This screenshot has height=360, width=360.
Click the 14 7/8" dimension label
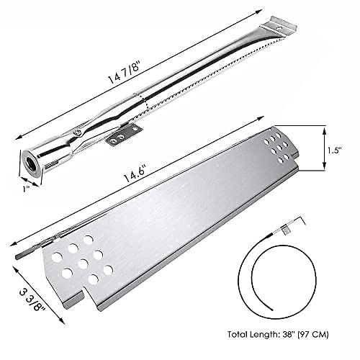(124, 73)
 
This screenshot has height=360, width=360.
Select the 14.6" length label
(135, 174)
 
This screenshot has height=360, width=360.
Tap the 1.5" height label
(334, 150)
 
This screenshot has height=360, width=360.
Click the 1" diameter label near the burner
(26, 189)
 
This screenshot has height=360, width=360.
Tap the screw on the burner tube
(77, 132)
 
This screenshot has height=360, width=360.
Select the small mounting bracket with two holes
(124, 135)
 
